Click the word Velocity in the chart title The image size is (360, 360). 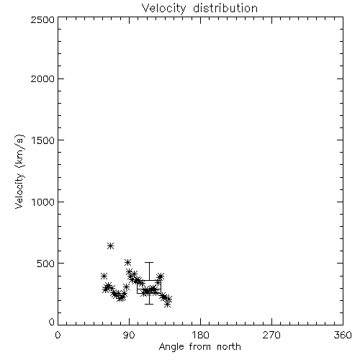[164, 9]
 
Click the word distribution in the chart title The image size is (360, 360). [225, 8]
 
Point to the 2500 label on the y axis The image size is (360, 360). [43, 19]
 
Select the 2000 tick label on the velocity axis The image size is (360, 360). [43, 78]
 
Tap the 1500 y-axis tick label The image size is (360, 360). [43, 140]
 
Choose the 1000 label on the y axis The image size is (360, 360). [43, 202]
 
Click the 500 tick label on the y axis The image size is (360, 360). [46, 264]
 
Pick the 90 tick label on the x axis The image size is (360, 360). [129, 335]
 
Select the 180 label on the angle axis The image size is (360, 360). [200, 335]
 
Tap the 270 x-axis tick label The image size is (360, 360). [271, 335]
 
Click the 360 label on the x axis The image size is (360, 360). [343, 335]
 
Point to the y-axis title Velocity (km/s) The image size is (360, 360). [19, 171]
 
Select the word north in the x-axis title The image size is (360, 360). [229, 347]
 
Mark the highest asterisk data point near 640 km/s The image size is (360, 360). [110, 246]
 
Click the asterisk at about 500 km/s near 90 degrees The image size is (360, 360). [127, 262]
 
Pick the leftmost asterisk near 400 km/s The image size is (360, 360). [104, 276]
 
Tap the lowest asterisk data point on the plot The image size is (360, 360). [168, 305]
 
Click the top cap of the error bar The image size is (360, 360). [149, 263]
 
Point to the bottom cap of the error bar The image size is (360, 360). [149, 304]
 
